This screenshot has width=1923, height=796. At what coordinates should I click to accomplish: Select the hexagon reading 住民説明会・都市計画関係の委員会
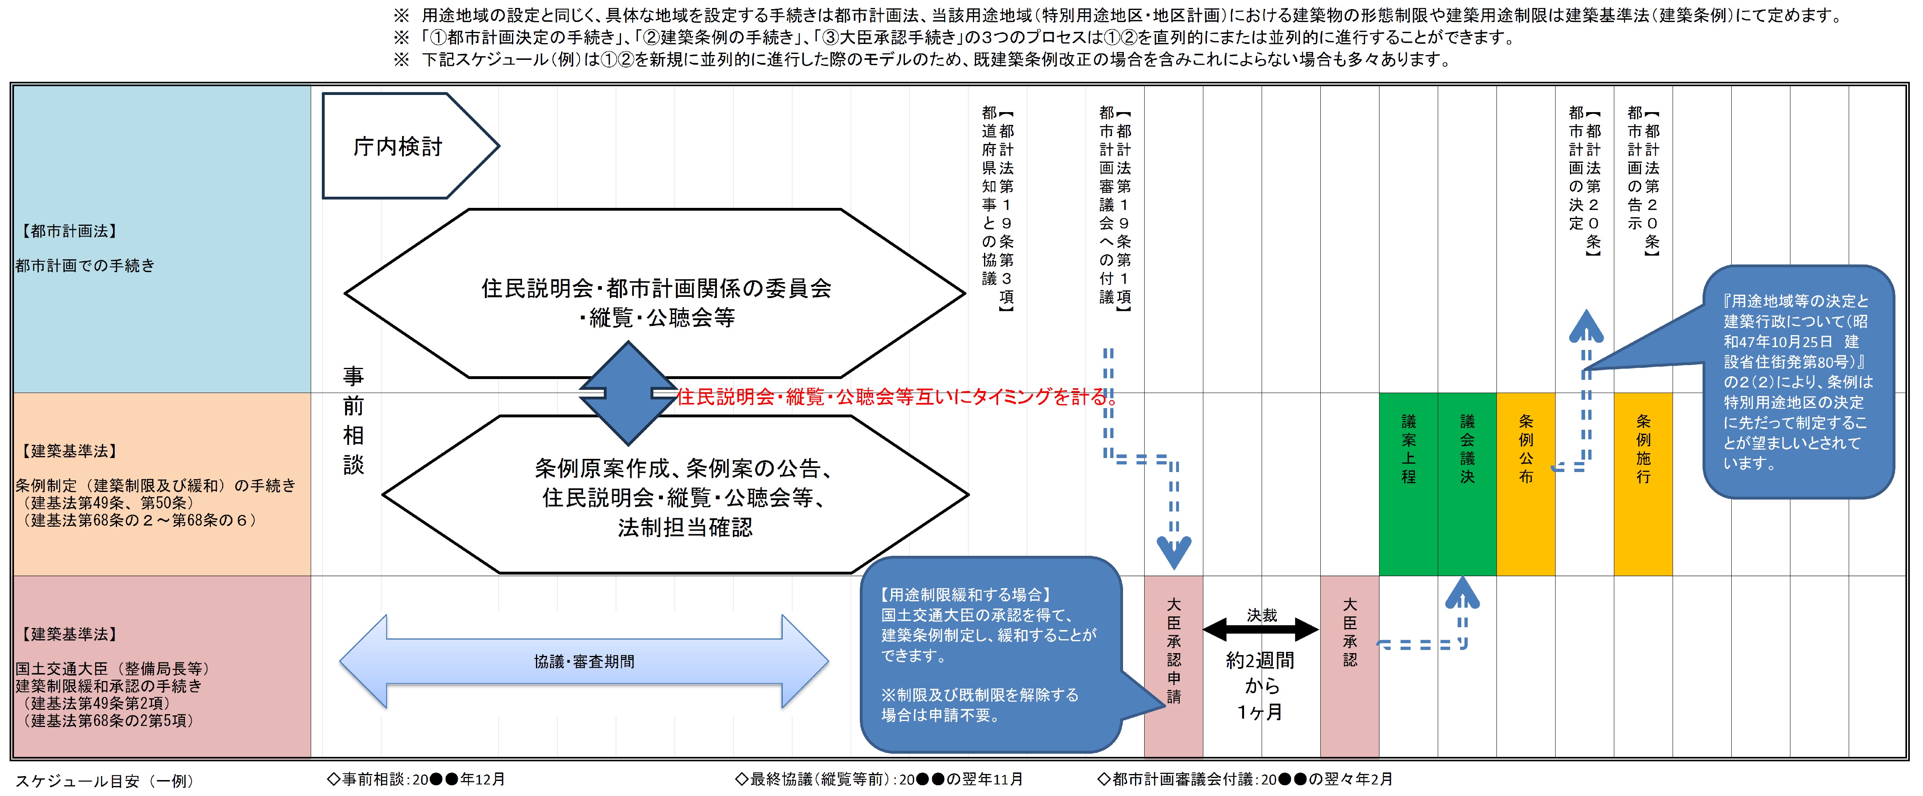[655, 293]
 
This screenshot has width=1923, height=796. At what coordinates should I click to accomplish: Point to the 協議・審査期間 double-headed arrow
[584, 661]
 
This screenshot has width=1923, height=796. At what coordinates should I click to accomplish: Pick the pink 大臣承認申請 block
[1173, 666]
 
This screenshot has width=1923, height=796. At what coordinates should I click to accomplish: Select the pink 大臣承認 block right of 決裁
[1349, 666]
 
